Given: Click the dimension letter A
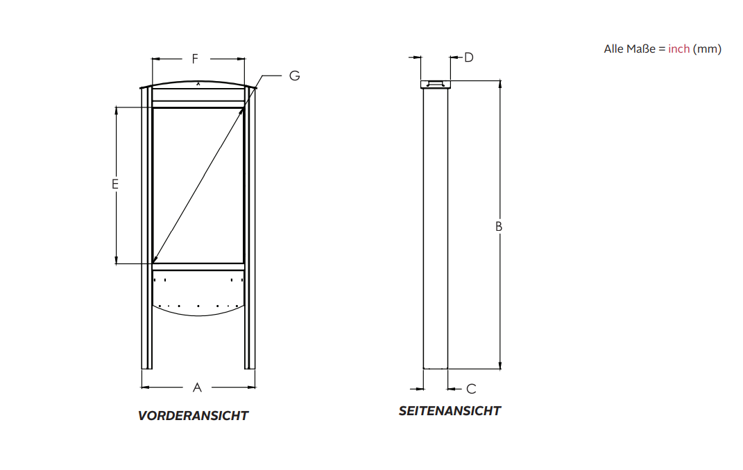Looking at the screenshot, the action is [x=197, y=388].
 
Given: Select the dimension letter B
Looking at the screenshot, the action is [x=499, y=227].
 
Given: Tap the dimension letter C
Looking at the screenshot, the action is [x=471, y=389].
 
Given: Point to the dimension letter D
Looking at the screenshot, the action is [x=469, y=58].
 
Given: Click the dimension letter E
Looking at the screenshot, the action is [x=115, y=184].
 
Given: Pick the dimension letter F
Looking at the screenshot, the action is [x=195, y=59].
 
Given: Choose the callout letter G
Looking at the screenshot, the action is [x=294, y=76].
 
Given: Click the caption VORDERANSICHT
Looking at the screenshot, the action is [x=193, y=415].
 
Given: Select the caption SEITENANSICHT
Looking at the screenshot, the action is [x=450, y=411].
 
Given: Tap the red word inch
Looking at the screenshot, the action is [x=678, y=49].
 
